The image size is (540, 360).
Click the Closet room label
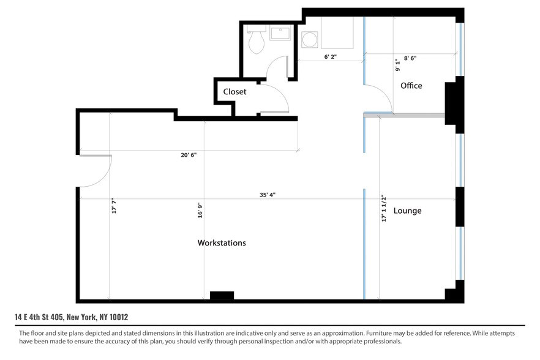click(234, 92)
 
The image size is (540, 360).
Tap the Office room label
click(411, 86)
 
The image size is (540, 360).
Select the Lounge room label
click(407, 211)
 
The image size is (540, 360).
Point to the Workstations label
click(221, 243)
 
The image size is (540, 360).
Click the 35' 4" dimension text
click(268, 195)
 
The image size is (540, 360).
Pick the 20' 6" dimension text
click(189, 155)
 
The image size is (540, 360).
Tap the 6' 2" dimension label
click(331, 56)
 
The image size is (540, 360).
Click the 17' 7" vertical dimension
click(113, 206)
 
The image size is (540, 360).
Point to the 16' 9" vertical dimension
click(200, 211)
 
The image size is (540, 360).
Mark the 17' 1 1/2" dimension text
click(384, 208)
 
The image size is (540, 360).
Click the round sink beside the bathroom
click(310, 40)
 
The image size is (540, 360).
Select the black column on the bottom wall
click(222, 296)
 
